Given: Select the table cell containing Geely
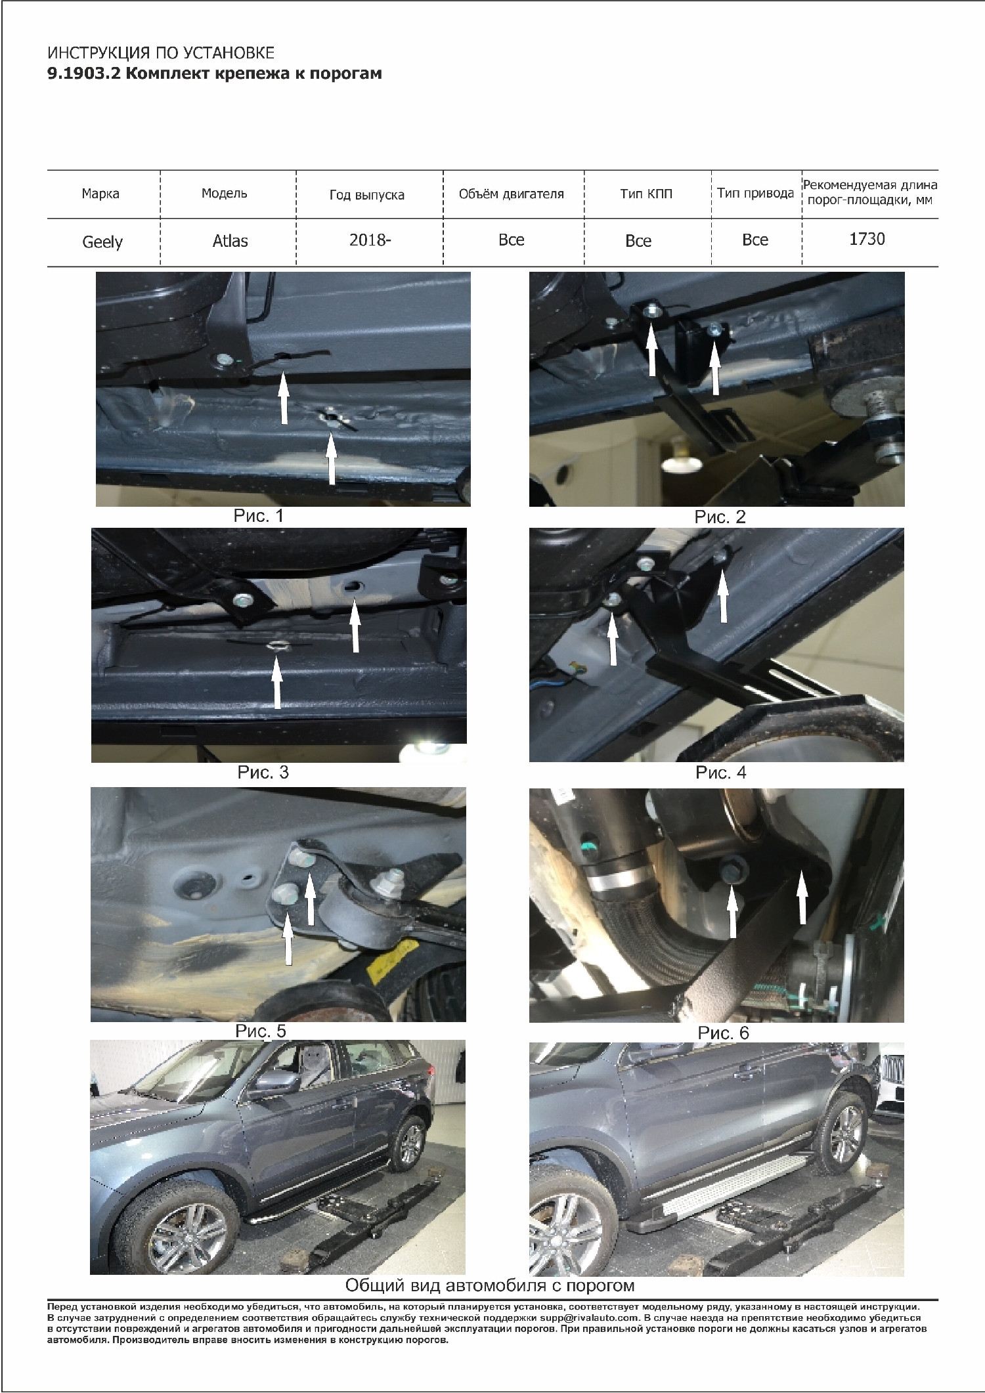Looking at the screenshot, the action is (x=102, y=242).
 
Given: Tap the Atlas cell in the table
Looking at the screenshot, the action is (x=230, y=241).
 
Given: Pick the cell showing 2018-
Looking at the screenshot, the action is (x=370, y=240).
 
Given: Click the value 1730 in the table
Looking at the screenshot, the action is (x=867, y=239).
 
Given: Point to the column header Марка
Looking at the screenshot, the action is (x=100, y=194).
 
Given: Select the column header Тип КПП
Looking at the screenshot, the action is (x=646, y=194).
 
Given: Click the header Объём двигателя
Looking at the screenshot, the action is (x=511, y=194).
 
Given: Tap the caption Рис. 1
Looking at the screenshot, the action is (x=258, y=516).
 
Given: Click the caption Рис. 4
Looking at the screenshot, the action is (x=720, y=773).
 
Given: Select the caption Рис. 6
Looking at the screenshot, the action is (x=723, y=1033).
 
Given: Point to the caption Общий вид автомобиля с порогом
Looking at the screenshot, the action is (x=490, y=1285).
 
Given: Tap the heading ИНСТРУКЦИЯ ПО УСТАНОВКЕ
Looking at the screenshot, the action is (x=161, y=53).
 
